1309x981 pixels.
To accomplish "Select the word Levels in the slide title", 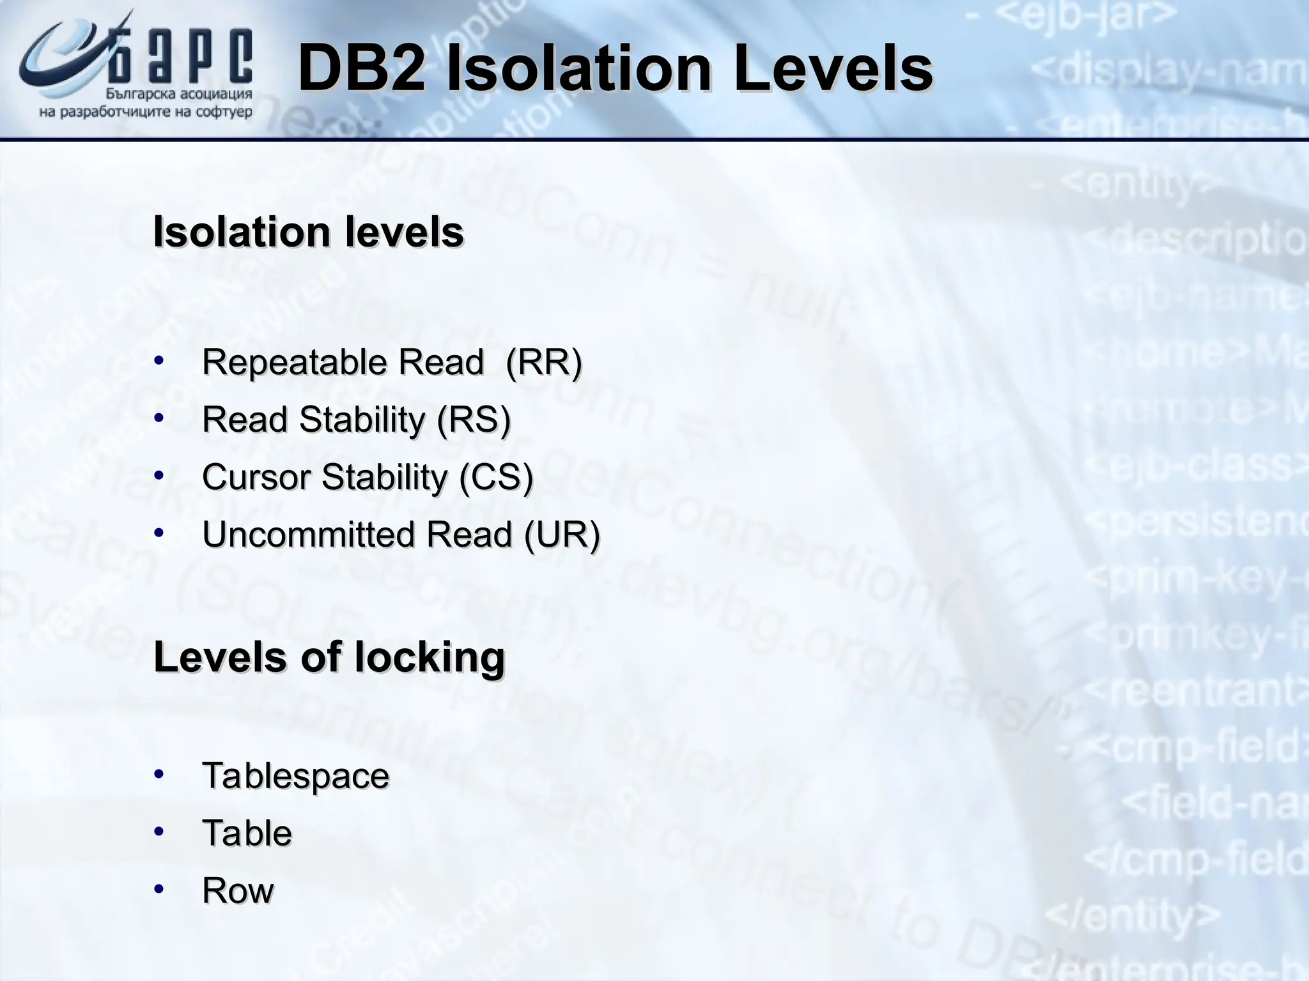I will click(833, 69).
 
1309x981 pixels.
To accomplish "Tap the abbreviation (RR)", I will click(543, 362).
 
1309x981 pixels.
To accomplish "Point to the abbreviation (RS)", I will click(474, 420).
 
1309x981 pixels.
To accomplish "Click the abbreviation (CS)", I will click(496, 477).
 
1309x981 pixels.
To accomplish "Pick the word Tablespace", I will click(295, 776).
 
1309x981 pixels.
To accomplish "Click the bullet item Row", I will click(238, 890).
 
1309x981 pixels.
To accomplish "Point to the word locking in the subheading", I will click(430, 657).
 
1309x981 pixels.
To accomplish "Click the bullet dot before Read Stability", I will click(159, 418).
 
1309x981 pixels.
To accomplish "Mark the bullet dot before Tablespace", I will click(159, 775).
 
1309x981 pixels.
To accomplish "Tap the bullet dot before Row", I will click(159, 889).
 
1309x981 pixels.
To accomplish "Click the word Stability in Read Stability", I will click(362, 420).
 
